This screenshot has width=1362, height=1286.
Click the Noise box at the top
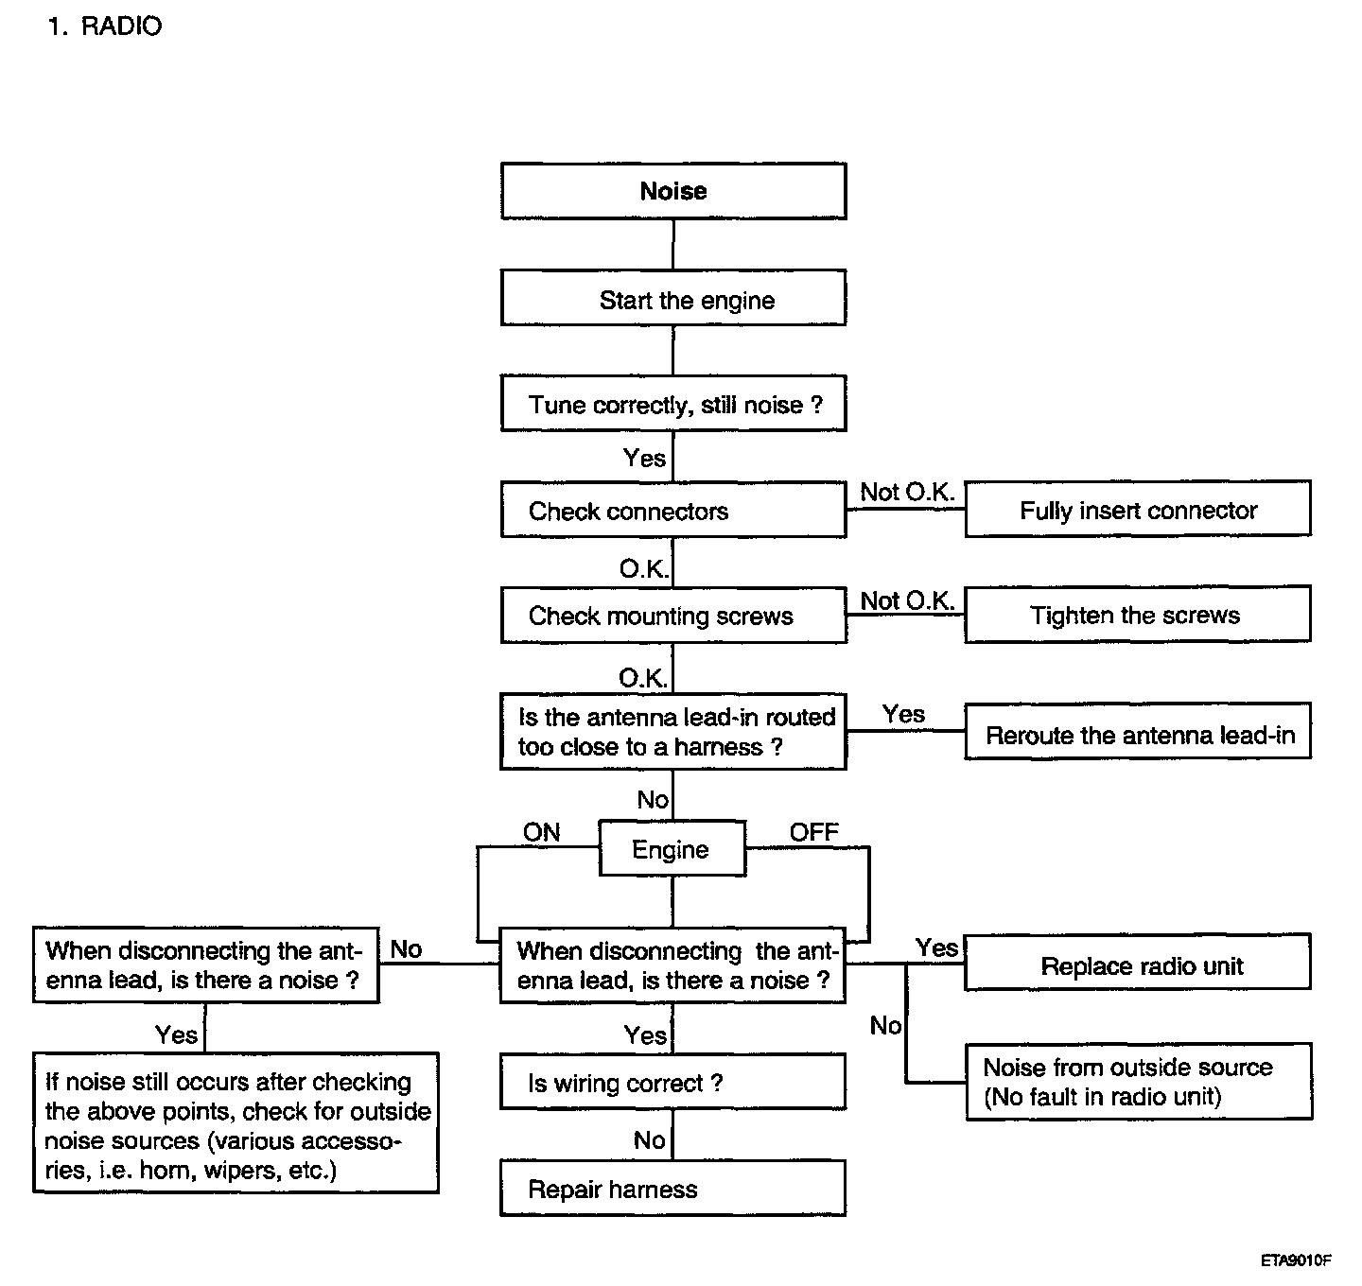673,191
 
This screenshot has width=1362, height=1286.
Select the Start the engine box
673,298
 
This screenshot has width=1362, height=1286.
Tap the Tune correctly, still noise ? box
673,403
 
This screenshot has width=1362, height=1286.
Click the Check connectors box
673,510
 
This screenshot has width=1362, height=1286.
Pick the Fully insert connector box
1138,509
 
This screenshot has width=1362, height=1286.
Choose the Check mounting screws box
673,616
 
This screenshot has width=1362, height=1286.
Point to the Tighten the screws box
1138,614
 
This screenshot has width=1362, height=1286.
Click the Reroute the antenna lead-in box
1138,731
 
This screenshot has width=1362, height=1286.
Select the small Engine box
672,848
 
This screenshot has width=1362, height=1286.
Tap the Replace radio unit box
1138,963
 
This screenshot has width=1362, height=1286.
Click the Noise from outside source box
1139,1082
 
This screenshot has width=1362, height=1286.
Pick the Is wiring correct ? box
672,1082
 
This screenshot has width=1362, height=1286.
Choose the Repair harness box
672,1189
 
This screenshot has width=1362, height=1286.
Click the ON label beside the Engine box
542,832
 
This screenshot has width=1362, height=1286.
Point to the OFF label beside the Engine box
814,832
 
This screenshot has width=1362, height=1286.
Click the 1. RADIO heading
105,26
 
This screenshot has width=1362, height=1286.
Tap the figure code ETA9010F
1296,1260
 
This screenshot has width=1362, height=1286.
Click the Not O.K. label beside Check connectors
907,492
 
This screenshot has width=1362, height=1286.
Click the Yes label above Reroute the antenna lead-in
903,714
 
